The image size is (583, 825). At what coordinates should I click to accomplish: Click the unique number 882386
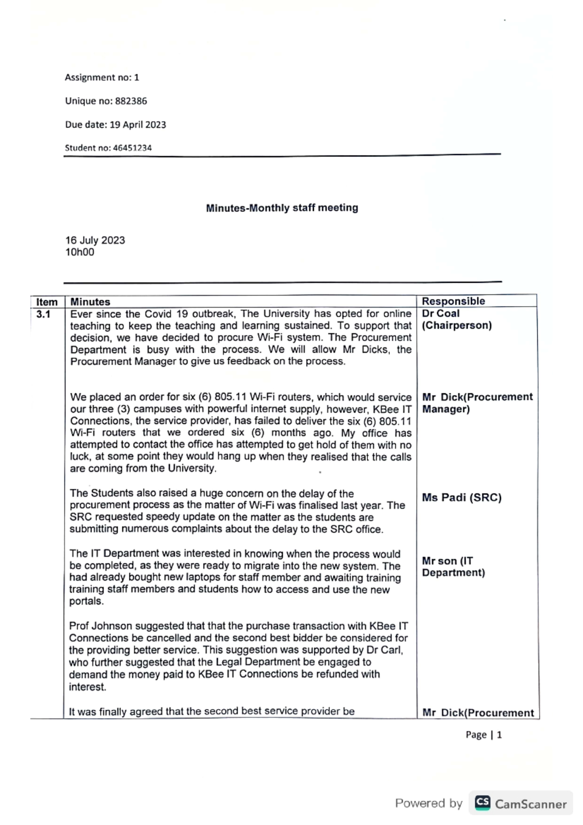click(x=131, y=101)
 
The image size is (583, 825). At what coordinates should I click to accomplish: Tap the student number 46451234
click(x=132, y=148)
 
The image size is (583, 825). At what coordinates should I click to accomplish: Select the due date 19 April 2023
click(x=137, y=124)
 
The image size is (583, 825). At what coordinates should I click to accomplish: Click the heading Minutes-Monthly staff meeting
click(x=282, y=208)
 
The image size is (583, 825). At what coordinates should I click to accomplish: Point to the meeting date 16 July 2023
click(x=95, y=240)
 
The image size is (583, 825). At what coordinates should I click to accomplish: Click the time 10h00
click(x=80, y=252)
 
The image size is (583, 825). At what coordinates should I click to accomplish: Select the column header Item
click(x=47, y=302)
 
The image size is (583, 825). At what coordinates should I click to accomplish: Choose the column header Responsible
click(x=453, y=301)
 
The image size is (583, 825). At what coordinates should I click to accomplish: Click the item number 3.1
click(x=43, y=314)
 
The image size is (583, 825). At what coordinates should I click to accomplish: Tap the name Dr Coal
click(x=440, y=313)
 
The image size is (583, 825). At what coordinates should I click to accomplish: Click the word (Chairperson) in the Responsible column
click(x=456, y=325)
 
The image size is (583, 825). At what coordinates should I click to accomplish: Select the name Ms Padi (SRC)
click(x=462, y=498)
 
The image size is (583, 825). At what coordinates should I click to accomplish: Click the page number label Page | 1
click(x=483, y=735)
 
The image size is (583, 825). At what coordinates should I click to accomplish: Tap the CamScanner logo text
click(x=530, y=804)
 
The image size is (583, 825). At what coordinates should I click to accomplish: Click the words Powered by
click(x=429, y=803)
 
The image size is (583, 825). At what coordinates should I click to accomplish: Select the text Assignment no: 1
click(x=102, y=77)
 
